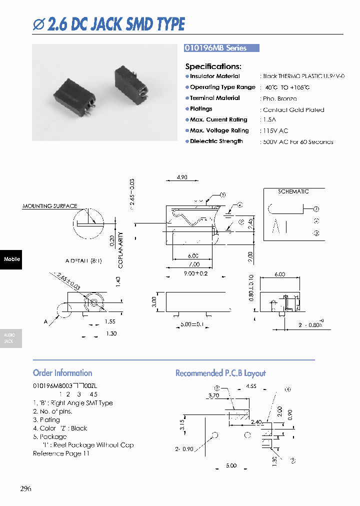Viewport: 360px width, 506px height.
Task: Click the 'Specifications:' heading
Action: [213, 66]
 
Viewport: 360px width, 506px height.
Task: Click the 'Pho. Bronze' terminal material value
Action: [279, 99]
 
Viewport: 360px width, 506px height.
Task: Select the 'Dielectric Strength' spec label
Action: [216, 141]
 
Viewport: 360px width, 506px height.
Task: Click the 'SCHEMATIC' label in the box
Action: [293, 191]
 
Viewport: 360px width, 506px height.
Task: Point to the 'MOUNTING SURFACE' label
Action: [50, 206]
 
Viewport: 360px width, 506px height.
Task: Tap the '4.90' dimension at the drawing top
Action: [182, 177]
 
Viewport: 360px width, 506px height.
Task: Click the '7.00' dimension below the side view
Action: [194, 264]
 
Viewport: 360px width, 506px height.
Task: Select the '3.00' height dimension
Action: [154, 301]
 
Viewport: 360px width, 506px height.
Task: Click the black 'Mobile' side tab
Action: [11, 259]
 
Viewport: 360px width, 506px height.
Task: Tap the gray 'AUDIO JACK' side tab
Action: [10, 338]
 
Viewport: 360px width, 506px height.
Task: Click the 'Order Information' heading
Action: [62, 373]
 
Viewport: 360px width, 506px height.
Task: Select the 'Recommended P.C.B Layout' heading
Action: [220, 373]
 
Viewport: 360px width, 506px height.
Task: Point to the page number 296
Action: [25, 488]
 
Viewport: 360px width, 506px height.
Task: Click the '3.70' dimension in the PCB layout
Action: [213, 395]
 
